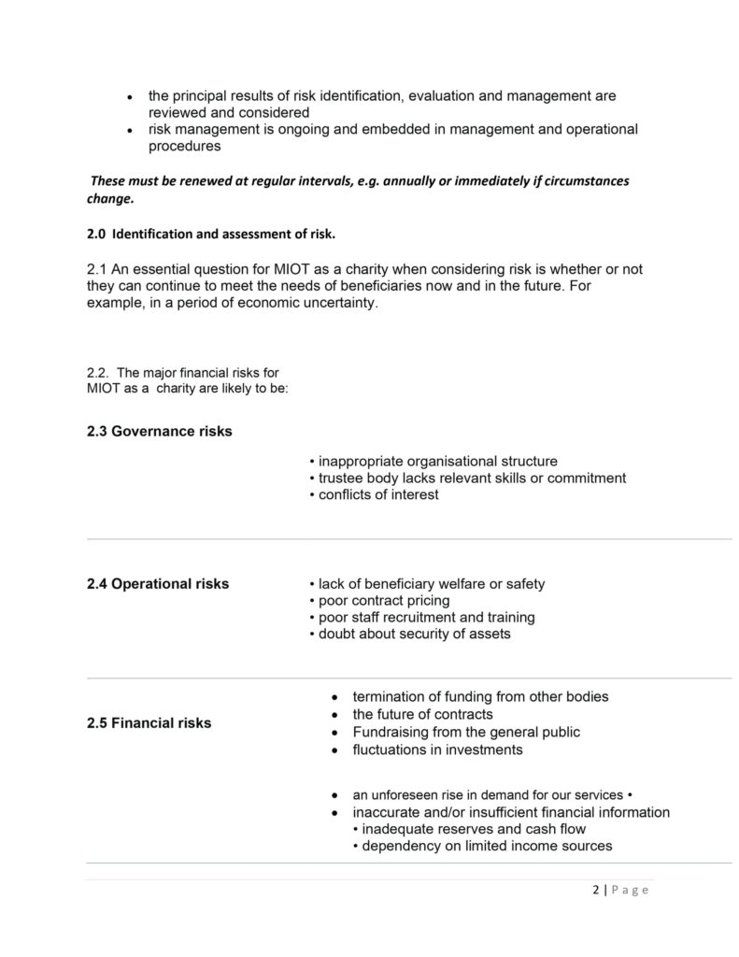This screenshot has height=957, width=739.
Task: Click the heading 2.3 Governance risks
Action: point(159,432)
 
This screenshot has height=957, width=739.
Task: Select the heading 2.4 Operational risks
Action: point(157,584)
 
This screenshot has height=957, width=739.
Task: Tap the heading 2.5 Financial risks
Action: point(149,722)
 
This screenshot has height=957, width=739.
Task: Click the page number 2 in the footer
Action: point(596,890)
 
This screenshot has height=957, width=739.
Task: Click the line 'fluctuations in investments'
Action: point(437,750)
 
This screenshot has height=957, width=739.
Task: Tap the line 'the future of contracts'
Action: point(422,714)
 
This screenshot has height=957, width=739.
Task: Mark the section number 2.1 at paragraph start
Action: point(97,269)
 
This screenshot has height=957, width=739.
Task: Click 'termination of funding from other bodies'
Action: point(480,696)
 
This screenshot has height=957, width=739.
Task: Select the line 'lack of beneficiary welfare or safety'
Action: point(431,584)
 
